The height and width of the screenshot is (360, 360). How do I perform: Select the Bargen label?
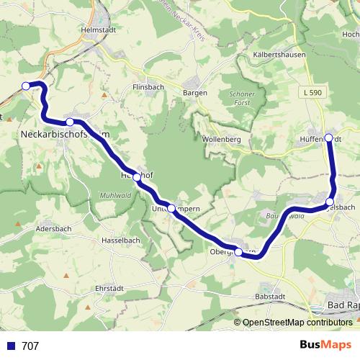(x=195, y=93)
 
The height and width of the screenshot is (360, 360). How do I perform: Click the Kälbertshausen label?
(x=274, y=55)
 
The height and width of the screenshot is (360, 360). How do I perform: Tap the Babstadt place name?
(x=271, y=297)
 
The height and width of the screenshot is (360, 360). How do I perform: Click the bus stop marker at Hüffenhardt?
(x=328, y=138)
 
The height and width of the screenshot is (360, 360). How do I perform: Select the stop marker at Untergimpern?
(x=171, y=209)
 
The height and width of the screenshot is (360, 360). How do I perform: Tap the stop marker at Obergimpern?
(x=238, y=252)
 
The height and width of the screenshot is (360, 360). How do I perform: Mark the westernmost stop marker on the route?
(x=26, y=86)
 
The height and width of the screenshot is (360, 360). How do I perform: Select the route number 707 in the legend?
(x=30, y=346)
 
